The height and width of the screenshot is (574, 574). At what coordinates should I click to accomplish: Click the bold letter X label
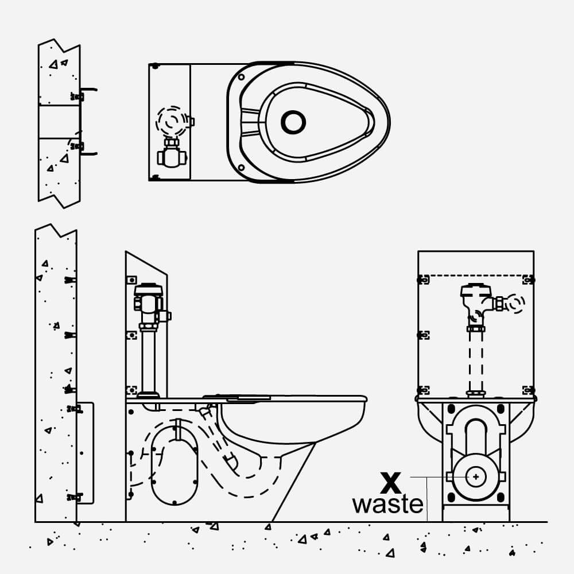391,483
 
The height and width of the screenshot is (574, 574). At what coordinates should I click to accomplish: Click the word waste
387,505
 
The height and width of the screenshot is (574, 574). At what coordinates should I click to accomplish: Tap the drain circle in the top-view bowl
293,122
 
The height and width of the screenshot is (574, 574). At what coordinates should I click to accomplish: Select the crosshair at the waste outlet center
476,476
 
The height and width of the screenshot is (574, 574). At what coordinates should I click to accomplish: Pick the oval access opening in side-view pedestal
174,465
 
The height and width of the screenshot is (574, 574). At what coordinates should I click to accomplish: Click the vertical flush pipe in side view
148,362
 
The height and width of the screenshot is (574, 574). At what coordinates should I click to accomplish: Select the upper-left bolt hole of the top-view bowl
241,77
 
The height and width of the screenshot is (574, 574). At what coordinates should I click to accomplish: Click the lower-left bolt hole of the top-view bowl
241,168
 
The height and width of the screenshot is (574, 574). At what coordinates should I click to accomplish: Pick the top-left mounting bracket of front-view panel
424,280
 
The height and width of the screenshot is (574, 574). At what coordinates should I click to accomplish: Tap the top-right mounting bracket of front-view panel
528,280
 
